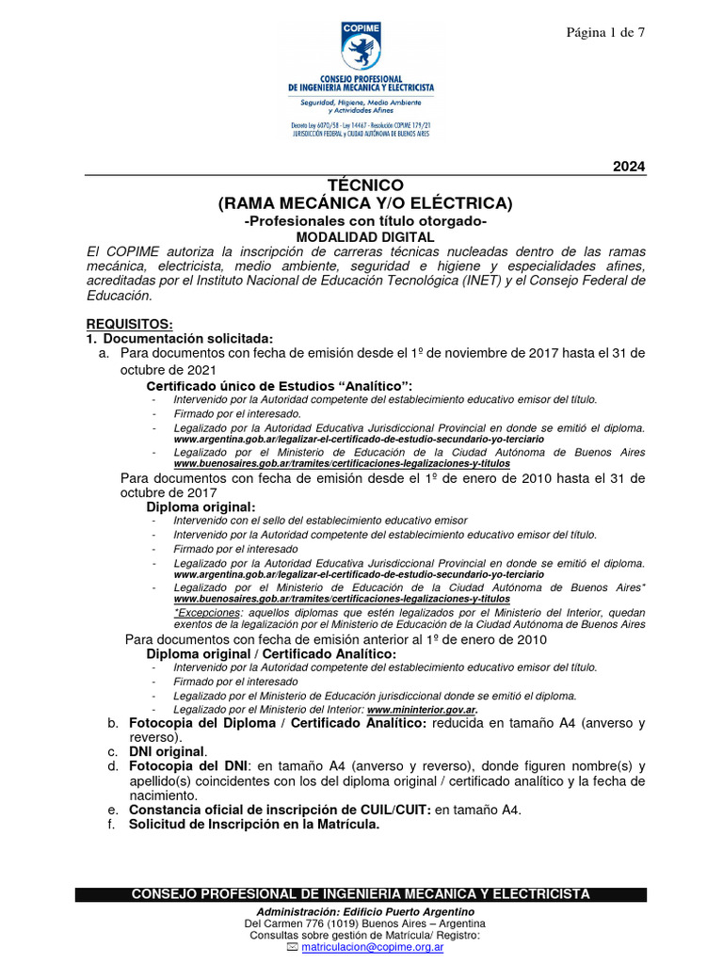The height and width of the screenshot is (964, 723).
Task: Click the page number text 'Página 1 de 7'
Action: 604,33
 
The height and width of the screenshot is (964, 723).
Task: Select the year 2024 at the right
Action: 629,167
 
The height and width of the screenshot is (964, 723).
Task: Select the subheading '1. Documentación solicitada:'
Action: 179,338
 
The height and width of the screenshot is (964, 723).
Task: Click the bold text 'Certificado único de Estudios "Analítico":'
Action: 280,386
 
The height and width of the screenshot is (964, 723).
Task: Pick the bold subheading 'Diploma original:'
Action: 201,506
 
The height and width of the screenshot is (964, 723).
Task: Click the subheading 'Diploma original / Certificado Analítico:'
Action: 271,653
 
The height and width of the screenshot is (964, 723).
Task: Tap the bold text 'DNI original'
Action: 167,751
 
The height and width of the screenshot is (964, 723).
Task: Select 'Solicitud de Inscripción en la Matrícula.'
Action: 254,824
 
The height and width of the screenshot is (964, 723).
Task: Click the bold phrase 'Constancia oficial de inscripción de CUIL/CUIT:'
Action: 280,810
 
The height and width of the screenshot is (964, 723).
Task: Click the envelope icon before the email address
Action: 292,948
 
